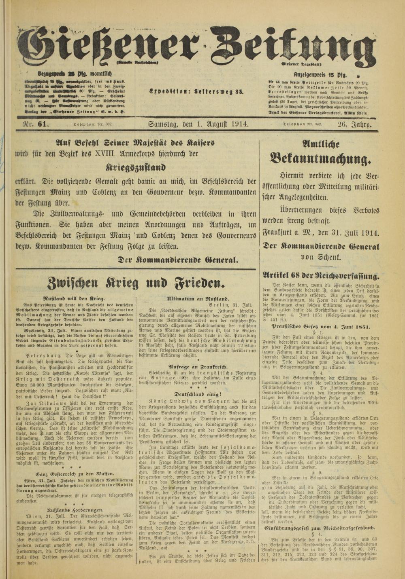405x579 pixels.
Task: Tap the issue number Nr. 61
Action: pyautogui.click(x=33, y=125)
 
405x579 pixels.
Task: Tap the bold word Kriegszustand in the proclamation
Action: pyautogui.click(x=136, y=167)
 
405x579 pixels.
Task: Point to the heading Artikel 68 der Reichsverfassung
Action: pyautogui.click(x=321, y=276)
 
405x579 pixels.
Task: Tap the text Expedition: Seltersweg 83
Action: pyautogui.click(x=196, y=91)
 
